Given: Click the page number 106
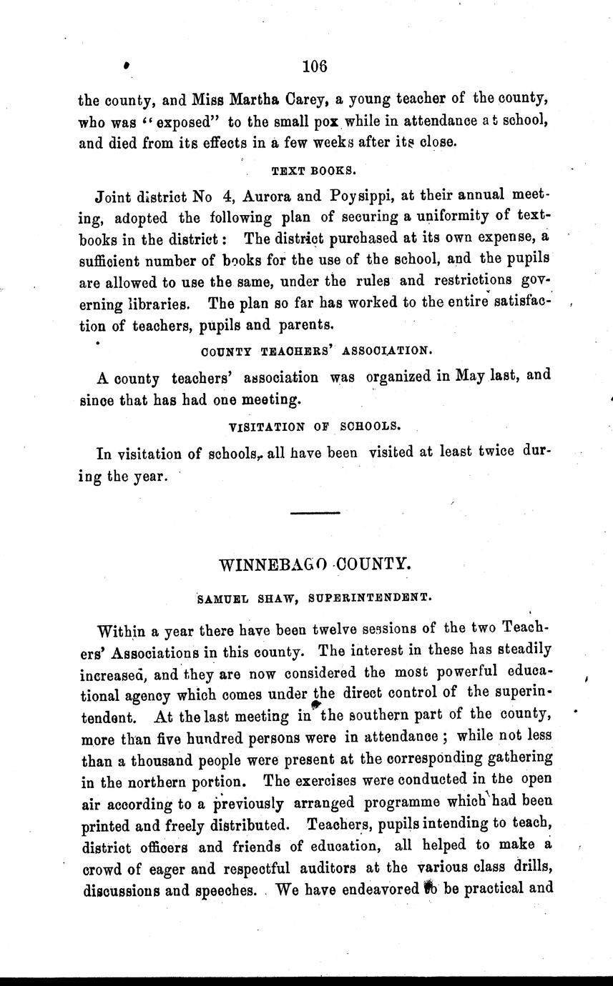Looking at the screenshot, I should (314, 66).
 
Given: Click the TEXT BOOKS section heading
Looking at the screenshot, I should (313, 171).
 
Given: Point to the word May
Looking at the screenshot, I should (469, 376).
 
